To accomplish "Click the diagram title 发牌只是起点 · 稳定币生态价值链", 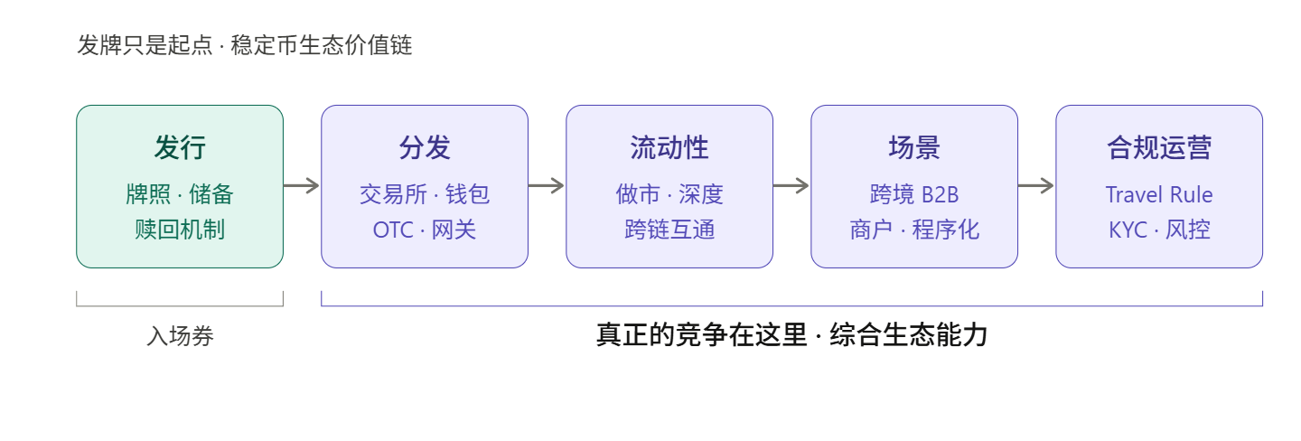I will [x=245, y=45].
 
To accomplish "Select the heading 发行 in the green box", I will [x=180, y=147].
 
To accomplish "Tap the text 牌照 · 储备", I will [x=180, y=194].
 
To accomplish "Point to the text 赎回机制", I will [x=180, y=230].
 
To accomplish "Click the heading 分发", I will [x=425, y=147].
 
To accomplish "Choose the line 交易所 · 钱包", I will [x=425, y=194].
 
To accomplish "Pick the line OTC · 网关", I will [x=425, y=230].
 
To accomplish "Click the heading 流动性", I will [x=669, y=147].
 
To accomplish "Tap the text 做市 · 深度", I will [x=669, y=194].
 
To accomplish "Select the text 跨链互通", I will [x=669, y=230].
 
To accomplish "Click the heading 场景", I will [x=914, y=147].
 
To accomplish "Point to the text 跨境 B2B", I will [x=914, y=194].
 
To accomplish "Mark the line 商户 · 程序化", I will [x=914, y=230].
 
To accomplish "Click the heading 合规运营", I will [x=1159, y=147].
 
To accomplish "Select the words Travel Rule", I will [x=1159, y=194].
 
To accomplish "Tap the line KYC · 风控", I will [x=1159, y=230].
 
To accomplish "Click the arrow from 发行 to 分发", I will [x=302, y=186].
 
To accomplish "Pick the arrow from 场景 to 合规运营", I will [x=1036, y=186].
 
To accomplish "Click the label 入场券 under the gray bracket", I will [x=180, y=336].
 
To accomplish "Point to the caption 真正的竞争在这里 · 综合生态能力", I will [x=791, y=335].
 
